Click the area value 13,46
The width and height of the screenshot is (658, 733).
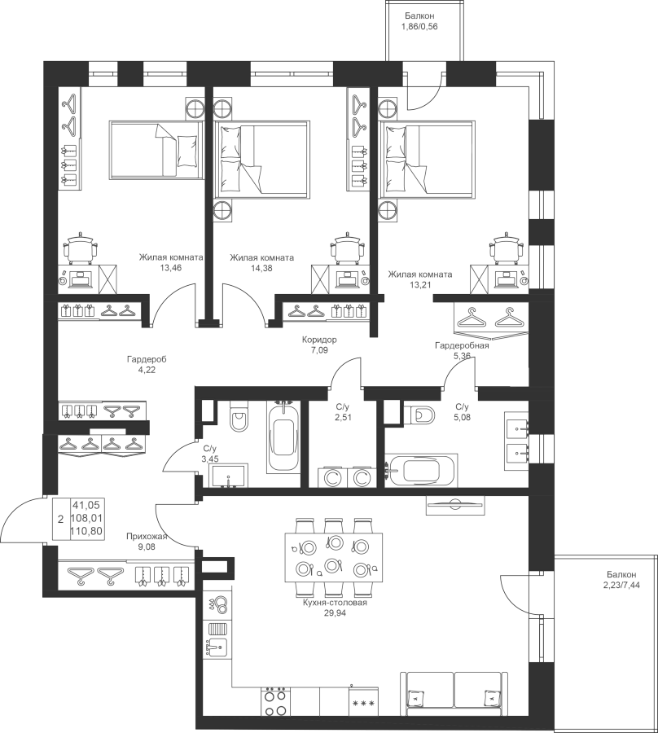pos(170,268)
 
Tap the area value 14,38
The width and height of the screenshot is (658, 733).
pos(261,268)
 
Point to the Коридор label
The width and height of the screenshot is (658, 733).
pos(319,340)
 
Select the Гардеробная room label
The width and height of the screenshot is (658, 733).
pos(462,345)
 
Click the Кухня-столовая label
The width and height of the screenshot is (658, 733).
pos(335,603)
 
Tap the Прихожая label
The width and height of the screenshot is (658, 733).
pos(147,537)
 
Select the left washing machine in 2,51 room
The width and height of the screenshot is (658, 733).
pos(331,478)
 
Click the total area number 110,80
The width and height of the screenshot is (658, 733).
pos(86,531)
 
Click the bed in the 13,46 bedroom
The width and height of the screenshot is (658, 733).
pos(156,149)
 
